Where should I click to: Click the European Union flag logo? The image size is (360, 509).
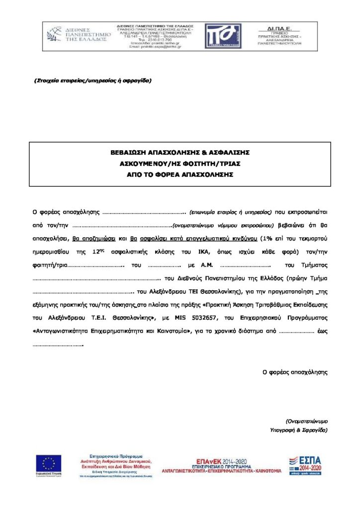(x=49, y=465)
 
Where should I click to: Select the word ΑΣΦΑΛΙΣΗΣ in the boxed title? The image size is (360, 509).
(x=228, y=152)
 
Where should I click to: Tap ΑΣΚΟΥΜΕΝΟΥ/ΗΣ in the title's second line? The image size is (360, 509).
(x=147, y=164)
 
